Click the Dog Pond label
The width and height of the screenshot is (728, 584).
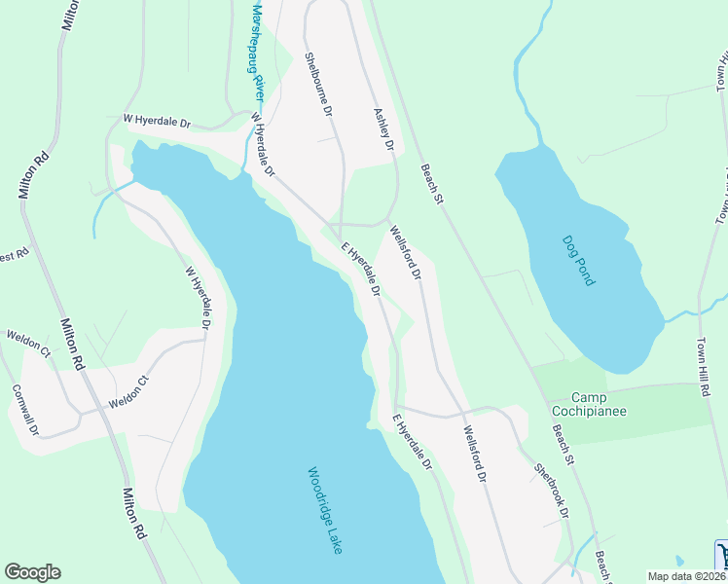pos(578,260)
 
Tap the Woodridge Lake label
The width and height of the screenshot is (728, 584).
pos(325,510)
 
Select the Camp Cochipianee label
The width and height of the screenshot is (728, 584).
pos(599,404)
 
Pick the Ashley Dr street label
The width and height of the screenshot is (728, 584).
pos(382,128)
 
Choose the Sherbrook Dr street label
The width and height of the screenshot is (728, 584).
pos(550,490)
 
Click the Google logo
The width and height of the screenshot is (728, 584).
pos(32,572)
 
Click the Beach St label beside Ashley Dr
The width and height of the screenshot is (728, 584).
pos(431,184)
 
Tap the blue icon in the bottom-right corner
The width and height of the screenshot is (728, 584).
pos(722,555)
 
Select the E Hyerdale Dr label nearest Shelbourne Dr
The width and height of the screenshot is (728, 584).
pos(359,270)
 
